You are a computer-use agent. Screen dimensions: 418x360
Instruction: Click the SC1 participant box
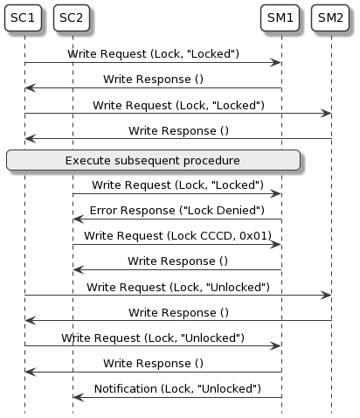click(24, 17)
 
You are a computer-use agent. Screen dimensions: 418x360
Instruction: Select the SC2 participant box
click(73, 17)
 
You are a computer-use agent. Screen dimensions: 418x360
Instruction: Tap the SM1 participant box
click(280, 17)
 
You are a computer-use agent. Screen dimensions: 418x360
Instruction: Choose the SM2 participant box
click(331, 17)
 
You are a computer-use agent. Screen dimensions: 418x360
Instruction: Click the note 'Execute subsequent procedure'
click(153, 160)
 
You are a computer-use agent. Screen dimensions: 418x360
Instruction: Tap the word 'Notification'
click(125, 387)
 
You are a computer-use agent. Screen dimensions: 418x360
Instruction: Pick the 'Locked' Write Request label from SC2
click(177, 185)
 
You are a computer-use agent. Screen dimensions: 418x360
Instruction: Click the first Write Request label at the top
click(153, 53)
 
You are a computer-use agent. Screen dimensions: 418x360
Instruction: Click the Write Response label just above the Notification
click(153, 362)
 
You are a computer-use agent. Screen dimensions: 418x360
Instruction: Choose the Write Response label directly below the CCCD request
click(177, 261)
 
